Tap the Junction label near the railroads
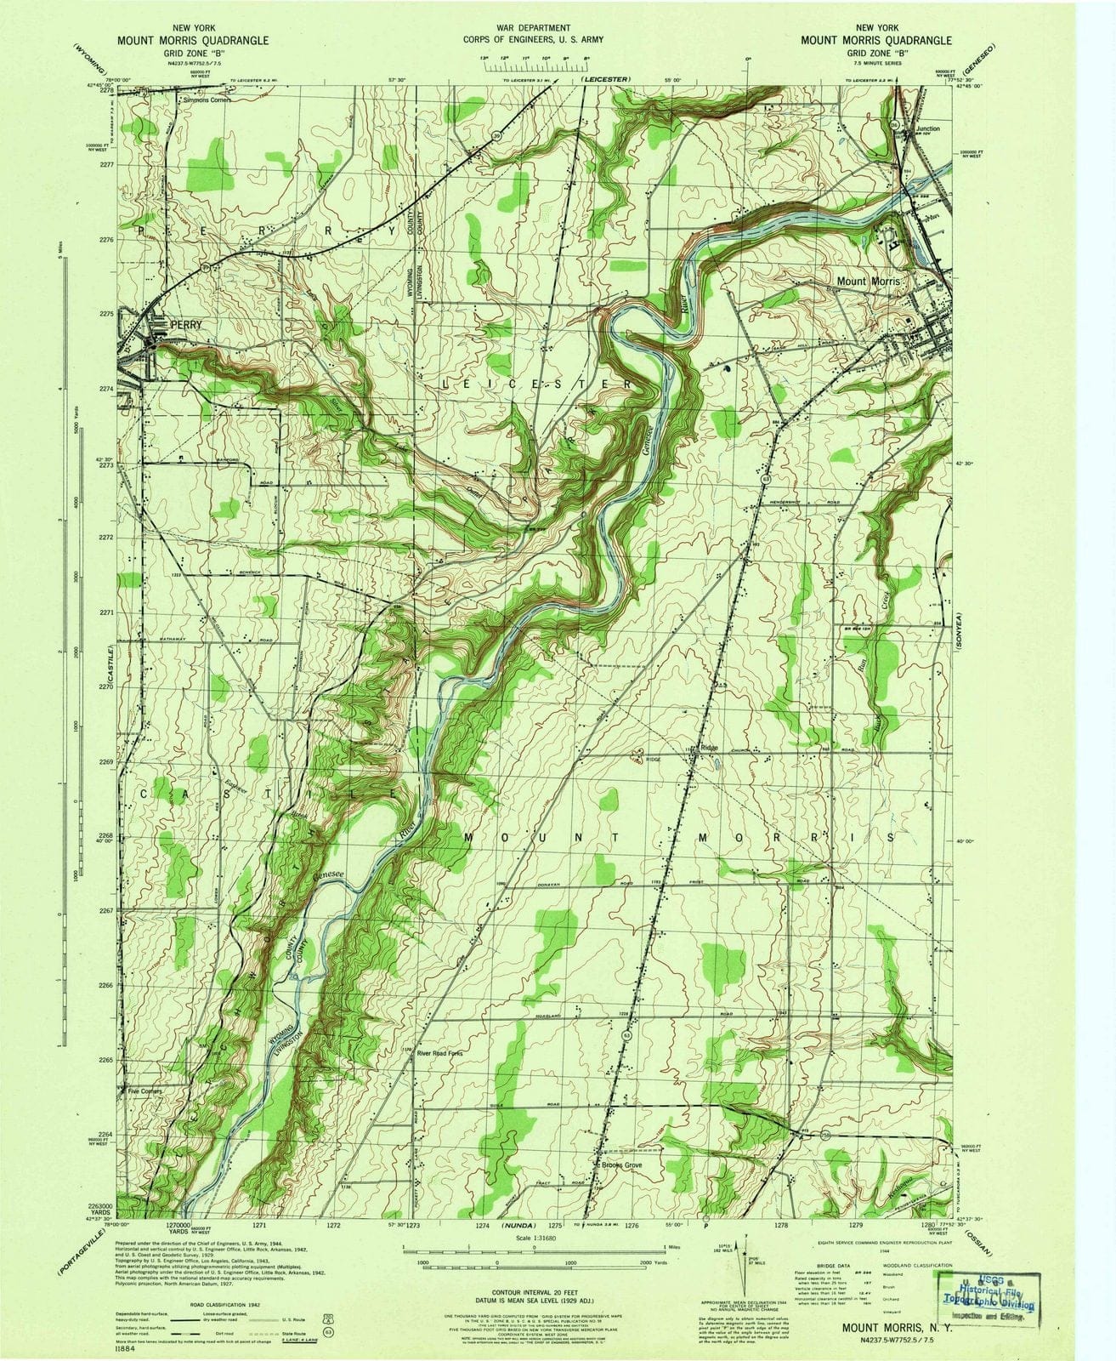coord(928,128)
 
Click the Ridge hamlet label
coord(709,748)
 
